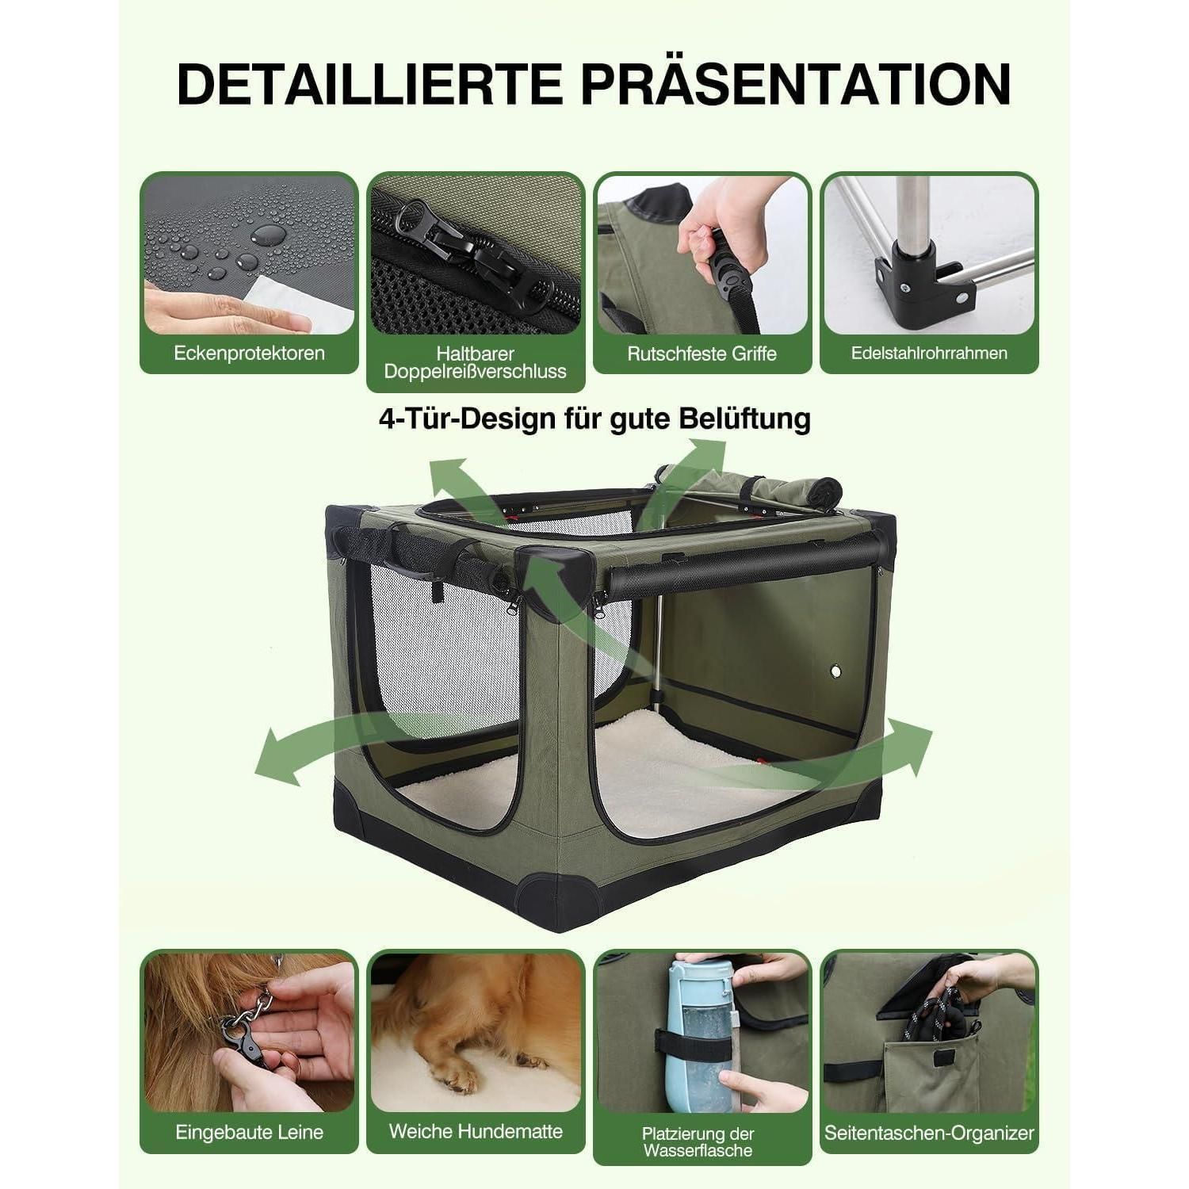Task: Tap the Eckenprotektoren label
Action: [x=250, y=354]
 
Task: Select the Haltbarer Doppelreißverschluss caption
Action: [x=476, y=362]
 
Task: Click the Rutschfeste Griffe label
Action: [x=702, y=354]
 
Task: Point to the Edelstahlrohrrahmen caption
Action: [x=929, y=354]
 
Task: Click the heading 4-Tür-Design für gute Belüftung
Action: [x=594, y=418]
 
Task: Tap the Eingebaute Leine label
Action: [x=250, y=1132]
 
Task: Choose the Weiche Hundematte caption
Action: [x=476, y=1131]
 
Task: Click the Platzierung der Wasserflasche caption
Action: [x=698, y=1142]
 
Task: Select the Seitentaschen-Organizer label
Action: [x=929, y=1133]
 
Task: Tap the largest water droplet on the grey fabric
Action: [x=269, y=234]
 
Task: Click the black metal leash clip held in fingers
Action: [x=246, y=1039]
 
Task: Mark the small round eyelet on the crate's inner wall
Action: [x=835, y=672]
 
